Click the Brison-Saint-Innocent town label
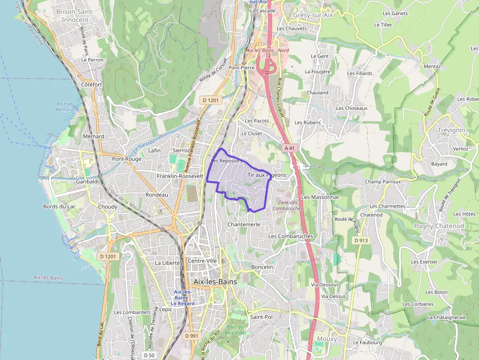coord(75,15)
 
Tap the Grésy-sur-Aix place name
coord(313,15)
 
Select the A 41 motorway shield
coord(289,148)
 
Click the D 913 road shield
coord(361,240)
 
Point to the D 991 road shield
coord(192,336)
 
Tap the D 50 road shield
coord(150,355)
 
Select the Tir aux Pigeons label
coord(267,175)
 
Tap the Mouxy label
coord(327,339)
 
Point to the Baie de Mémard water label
coord(65,106)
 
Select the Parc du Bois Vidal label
coord(236,330)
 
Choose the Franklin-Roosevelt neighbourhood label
coord(176,176)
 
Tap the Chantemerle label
coord(244,224)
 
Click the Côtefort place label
coord(91,85)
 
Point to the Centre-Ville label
coord(202,261)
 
